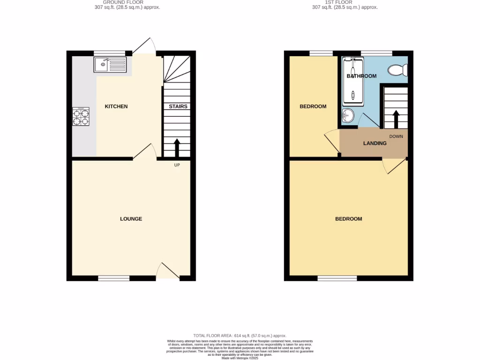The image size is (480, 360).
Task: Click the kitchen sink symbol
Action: (x=110, y=64)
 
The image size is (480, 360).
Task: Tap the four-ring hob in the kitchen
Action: (x=81, y=116)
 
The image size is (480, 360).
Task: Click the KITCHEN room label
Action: (x=116, y=106)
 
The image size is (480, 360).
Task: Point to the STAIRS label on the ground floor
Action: (x=178, y=106)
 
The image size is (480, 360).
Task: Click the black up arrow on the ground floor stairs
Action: (x=177, y=148)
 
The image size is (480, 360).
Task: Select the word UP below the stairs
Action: (x=177, y=165)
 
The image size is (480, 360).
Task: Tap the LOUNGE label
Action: (x=131, y=219)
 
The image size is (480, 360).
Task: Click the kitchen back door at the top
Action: (x=143, y=46)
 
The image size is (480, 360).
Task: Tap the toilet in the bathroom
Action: (x=398, y=70)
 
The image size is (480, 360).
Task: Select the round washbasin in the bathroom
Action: (x=348, y=115)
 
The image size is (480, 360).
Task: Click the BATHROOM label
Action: (x=361, y=76)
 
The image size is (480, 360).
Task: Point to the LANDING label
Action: (x=375, y=143)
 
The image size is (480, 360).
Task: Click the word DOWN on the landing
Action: (x=396, y=136)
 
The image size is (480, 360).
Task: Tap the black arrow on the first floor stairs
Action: (x=396, y=119)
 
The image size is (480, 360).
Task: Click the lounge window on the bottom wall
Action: (x=114, y=278)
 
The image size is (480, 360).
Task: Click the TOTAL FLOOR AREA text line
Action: (x=240, y=336)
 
